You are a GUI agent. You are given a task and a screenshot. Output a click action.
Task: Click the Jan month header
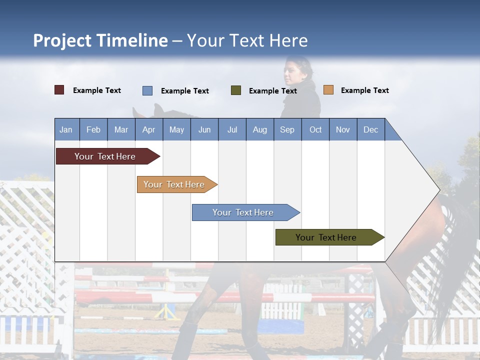click(x=66, y=129)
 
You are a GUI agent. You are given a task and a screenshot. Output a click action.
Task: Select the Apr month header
click(x=149, y=129)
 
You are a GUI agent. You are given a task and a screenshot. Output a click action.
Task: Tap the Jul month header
click(x=232, y=129)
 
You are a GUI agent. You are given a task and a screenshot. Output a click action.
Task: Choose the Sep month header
click(x=287, y=129)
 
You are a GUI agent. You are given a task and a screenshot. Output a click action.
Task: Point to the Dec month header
click(x=370, y=129)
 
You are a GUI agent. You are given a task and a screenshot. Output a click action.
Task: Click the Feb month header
click(x=93, y=129)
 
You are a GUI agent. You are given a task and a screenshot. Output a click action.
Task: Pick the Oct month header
click(x=315, y=129)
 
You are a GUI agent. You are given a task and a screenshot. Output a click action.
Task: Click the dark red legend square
click(x=59, y=90)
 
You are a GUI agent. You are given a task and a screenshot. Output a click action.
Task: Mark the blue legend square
click(x=147, y=90)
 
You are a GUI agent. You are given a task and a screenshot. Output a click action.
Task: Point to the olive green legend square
click(x=236, y=90)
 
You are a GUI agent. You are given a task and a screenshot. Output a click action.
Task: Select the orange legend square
click(x=328, y=90)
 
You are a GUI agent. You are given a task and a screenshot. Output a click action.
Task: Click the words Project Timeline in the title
click(x=100, y=40)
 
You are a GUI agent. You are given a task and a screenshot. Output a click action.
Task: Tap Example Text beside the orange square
click(x=364, y=90)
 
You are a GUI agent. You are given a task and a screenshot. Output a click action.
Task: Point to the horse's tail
click(x=457, y=250)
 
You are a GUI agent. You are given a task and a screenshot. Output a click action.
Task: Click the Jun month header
click(x=204, y=129)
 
